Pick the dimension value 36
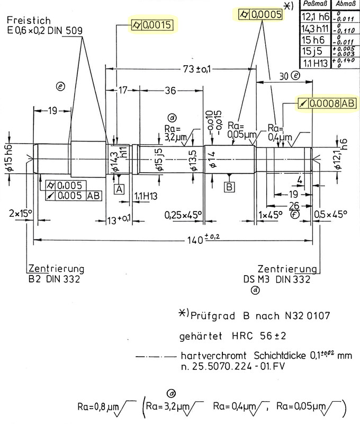click(x=170, y=91)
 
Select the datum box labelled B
click(x=229, y=187)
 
